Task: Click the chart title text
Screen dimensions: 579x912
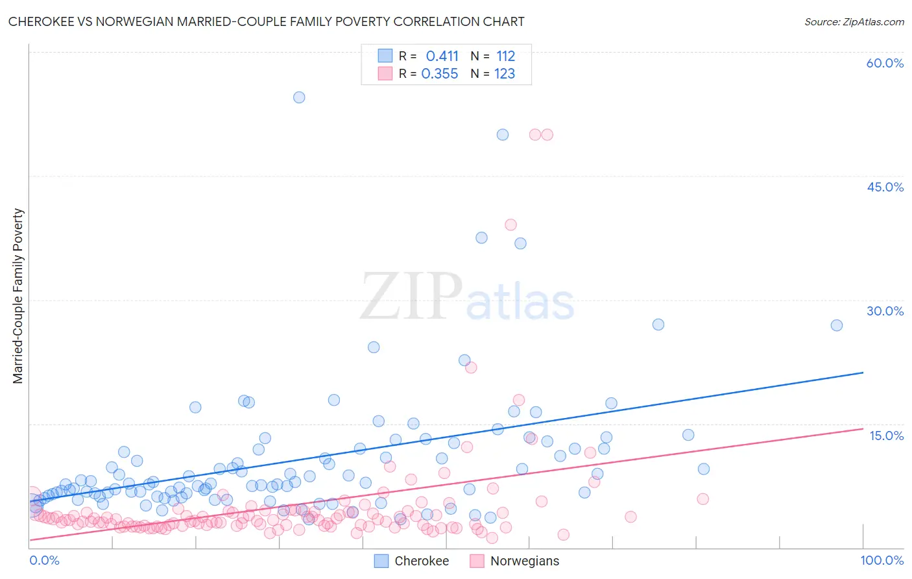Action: coord(266,21)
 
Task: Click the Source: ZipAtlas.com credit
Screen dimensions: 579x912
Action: coord(854,21)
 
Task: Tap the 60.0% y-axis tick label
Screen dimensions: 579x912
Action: coord(885,63)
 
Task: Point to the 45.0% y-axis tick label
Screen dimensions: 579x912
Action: coord(885,187)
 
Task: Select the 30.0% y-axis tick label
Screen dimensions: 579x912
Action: coord(885,311)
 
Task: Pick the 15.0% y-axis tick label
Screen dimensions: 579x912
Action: coord(886,435)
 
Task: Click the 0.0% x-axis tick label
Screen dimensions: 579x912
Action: coord(44,560)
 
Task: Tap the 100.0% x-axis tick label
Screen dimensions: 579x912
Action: coord(882,560)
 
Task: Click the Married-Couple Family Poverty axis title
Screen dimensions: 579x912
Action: coord(18,296)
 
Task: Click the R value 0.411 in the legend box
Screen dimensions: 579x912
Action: coord(442,56)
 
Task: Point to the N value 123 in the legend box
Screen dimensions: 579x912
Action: coord(505,74)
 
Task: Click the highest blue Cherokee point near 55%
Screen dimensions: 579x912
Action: coord(299,97)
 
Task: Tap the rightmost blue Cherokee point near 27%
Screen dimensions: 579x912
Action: coord(837,325)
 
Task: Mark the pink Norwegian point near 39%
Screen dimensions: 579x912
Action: coord(510,225)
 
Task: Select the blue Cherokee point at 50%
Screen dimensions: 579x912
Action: coord(503,134)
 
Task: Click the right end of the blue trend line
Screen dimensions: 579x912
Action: coord(863,373)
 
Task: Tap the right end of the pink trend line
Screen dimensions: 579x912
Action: coord(863,428)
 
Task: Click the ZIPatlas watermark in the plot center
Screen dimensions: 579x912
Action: coord(467,297)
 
